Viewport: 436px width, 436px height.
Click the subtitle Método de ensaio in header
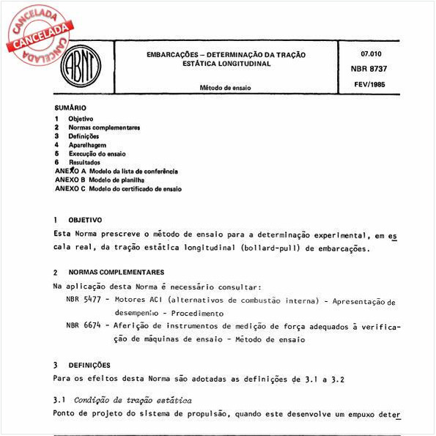pyautogui.click(x=225, y=87)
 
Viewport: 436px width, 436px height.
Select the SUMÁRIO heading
pyautogui.click(x=70, y=108)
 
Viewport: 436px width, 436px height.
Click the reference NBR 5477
pyautogui.click(x=83, y=300)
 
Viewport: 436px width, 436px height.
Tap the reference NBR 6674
pyautogui.click(x=83, y=325)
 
